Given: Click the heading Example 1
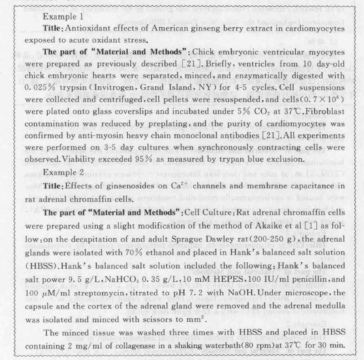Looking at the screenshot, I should coord(62,16).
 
